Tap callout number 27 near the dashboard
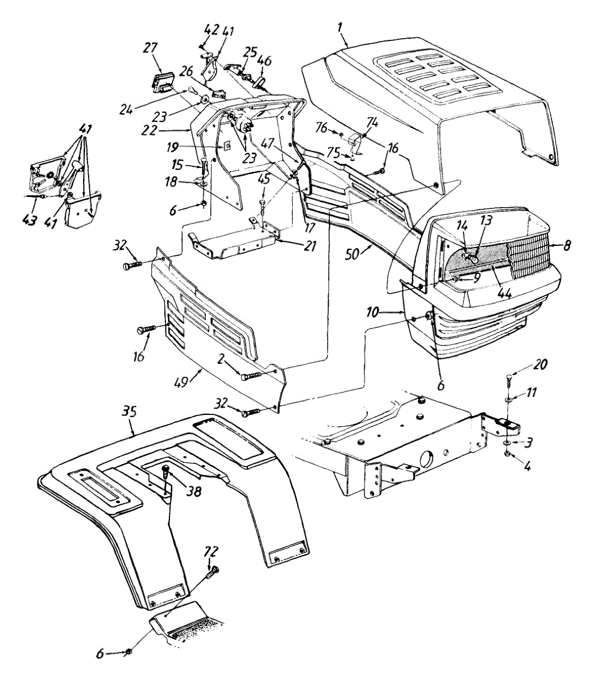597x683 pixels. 150,48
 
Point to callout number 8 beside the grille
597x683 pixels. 567,246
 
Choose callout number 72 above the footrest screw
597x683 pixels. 212,552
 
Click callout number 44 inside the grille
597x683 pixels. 504,294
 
